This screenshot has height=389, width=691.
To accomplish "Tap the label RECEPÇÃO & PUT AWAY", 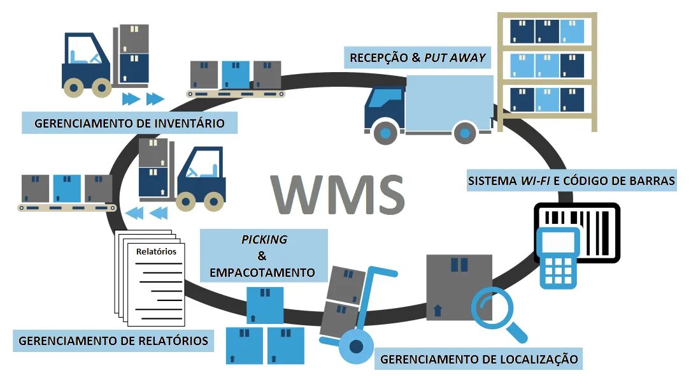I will pyautogui.click(x=418, y=58).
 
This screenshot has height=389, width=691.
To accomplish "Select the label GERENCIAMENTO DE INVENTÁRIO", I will pyautogui.click(x=129, y=122).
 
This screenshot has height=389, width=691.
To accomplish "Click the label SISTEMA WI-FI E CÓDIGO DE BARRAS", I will pyautogui.click(x=571, y=181).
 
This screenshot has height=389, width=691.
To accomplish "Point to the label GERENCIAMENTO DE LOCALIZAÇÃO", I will pyautogui.click(x=478, y=359).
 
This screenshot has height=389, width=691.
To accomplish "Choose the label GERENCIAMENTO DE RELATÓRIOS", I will pyautogui.click(x=113, y=341).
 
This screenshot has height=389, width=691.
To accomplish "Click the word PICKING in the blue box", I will pyautogui.click(x=264, y=240).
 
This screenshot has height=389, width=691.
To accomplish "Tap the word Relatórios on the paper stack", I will pyautogui.click(x=156, y=251).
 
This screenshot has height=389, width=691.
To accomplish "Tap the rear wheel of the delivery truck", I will pyautogui.click(x=466, y=133).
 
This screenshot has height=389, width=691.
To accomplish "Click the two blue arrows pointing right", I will pyautogui.click(x=143, y=99).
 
